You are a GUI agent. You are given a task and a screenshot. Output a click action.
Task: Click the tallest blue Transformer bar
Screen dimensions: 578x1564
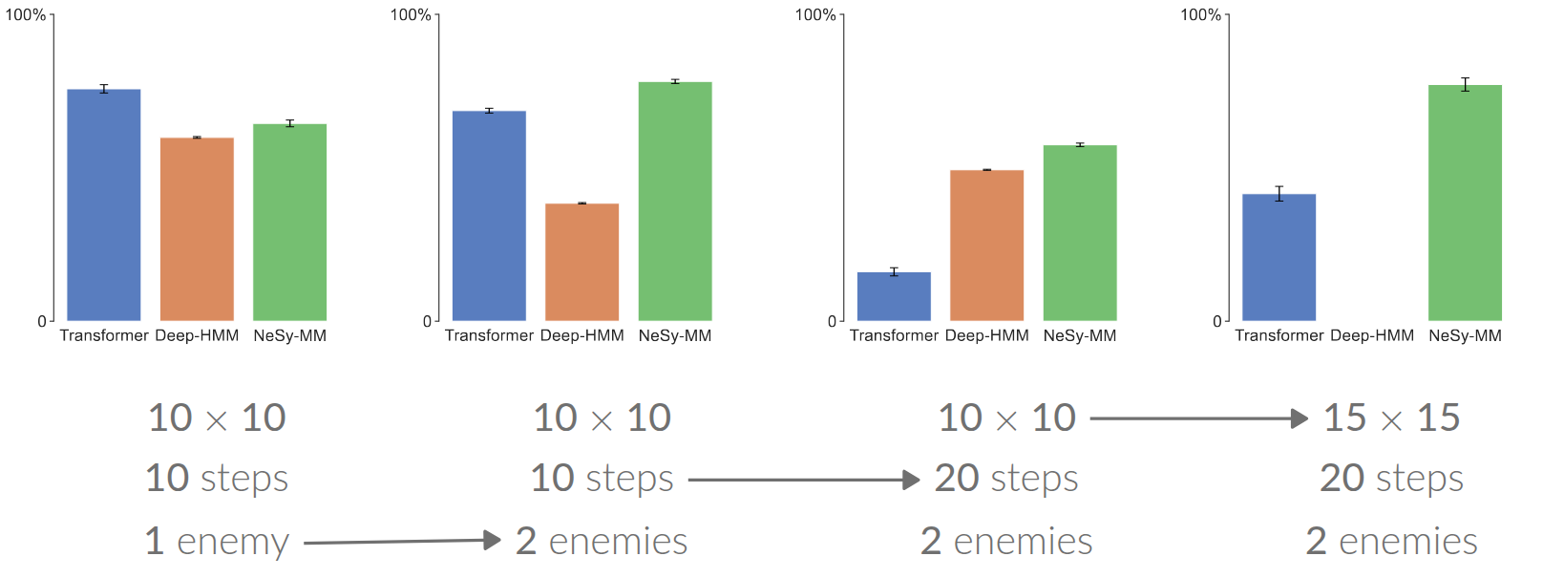pos(103,204)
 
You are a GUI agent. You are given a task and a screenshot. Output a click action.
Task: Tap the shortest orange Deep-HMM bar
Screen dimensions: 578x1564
pos(581,262)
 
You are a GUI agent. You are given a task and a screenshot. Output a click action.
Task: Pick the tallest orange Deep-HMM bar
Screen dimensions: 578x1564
pos(197,229)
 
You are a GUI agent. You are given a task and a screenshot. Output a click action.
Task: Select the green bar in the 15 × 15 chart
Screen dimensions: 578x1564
pos(1465,203)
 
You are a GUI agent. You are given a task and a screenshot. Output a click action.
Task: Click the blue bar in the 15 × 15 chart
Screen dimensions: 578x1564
pos(1279,257)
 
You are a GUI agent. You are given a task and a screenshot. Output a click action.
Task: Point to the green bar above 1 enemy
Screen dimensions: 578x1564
pos(289,222)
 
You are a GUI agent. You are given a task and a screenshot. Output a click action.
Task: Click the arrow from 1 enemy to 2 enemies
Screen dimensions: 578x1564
pos(401,542)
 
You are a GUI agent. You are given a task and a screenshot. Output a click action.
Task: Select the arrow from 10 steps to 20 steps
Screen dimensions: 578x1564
pos(802,480)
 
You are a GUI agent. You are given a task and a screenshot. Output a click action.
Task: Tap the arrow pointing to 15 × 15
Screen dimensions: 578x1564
pos(1197,418)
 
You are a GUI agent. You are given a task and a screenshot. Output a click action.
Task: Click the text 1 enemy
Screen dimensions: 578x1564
pos(217,542)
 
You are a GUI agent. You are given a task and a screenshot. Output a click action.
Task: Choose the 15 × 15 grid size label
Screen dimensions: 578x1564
pos(1391,417)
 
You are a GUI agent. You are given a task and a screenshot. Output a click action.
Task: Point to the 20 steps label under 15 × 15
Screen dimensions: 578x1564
pos(1391,479)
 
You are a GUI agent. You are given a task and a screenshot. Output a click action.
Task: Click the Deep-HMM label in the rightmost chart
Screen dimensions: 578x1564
pos(1371,335)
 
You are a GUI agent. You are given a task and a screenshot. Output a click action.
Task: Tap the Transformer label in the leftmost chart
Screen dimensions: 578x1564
pos(104,335)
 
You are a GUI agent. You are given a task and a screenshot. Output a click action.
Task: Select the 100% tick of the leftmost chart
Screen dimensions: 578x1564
pos(26,15)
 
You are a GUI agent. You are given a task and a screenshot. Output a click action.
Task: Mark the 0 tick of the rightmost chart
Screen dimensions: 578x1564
pos(1216,321)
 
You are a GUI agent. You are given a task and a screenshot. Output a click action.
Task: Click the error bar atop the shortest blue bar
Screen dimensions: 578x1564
pos(894,272)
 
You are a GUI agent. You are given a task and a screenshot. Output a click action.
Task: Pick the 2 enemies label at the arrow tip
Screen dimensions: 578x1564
pos(602,542)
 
